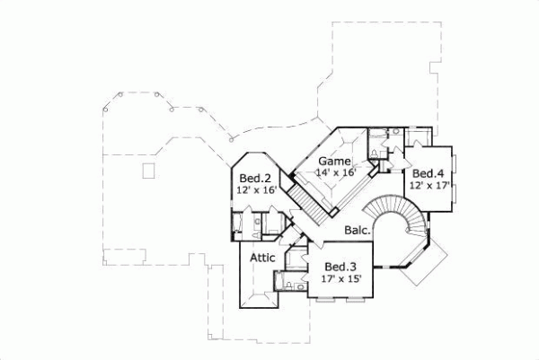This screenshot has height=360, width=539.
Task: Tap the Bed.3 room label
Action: [340, 267]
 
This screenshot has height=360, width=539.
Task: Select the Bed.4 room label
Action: [429, 173]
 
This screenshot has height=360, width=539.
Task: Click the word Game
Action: [333, 161]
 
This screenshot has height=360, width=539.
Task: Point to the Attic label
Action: [261, 258]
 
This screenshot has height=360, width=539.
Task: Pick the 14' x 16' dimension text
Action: [335, 172]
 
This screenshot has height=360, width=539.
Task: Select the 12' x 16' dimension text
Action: [257, 190]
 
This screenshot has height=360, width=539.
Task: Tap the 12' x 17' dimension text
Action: [429, 185]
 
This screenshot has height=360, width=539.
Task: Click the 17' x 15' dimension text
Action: [340, 278]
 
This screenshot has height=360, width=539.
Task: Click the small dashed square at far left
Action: [147, 172]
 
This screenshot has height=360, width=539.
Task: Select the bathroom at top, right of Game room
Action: [390, 140]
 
